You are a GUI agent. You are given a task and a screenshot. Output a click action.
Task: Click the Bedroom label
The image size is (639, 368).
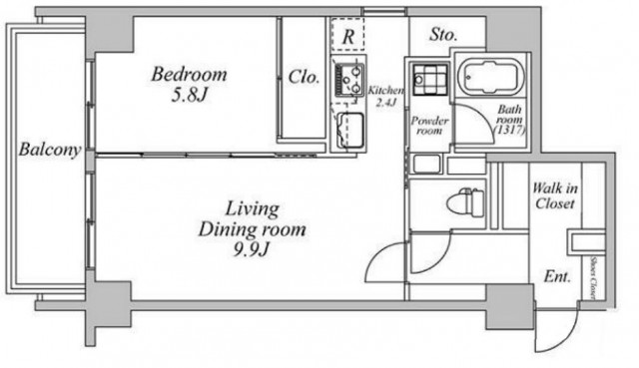click(189, 75)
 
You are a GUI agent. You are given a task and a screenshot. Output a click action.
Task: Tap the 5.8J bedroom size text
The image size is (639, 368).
click(189, 96)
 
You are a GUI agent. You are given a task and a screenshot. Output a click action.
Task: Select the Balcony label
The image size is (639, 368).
click(50, 150)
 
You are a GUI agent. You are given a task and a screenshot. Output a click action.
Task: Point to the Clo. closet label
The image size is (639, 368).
click(304, 77)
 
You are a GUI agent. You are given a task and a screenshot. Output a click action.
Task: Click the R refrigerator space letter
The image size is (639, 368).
click(348, 37)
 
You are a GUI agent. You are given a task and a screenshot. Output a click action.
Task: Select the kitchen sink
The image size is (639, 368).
click(350, 130)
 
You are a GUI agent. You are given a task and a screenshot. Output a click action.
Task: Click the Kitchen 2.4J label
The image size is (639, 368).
click(385, 97)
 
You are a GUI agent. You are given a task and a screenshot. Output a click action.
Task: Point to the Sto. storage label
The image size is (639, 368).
click(443, 35)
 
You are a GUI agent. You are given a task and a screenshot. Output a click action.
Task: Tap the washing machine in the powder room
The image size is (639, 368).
click(429, 79)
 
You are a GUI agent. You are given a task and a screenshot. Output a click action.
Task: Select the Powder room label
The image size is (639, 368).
click(429, 126)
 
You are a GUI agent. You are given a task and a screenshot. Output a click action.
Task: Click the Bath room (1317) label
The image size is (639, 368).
click(509, 120)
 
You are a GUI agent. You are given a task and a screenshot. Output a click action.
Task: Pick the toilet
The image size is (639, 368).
click(466, 201)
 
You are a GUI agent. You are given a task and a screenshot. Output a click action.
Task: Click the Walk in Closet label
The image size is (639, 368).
click(555, 195)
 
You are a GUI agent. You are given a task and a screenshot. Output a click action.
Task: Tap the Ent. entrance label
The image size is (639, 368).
click(557, 277)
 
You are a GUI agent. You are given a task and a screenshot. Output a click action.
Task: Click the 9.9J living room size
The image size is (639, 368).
click(252, 249)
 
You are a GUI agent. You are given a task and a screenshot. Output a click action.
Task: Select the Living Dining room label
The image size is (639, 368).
click(253, 219)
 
